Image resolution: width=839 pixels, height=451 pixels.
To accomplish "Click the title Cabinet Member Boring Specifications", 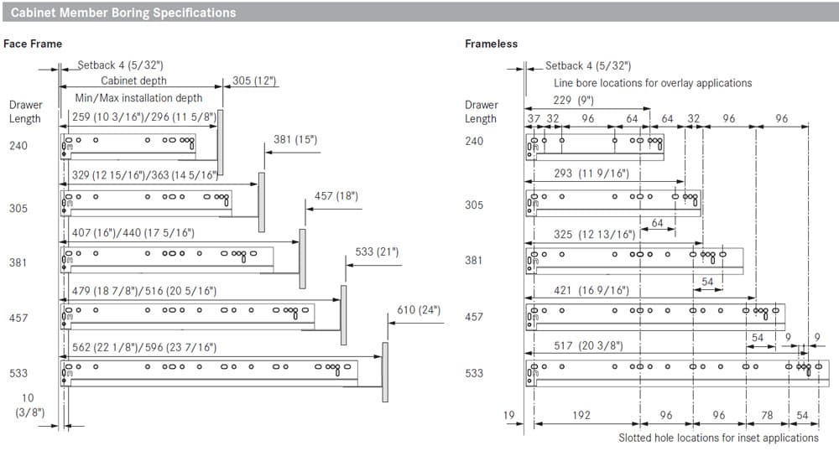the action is pos(123,13).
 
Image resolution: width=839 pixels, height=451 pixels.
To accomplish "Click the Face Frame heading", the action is pos(33,44).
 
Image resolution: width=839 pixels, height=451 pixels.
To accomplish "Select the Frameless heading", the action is pos(491,44).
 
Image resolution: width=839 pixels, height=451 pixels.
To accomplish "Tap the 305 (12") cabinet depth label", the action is pos(254,80).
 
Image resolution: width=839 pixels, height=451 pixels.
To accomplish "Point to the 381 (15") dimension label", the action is pos(295,139).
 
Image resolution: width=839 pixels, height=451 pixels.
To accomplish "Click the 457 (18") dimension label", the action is pos(336,196).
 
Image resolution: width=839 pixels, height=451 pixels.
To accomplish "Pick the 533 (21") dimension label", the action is pos(378,251).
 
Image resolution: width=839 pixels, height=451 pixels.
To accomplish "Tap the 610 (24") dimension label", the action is pos(419,310).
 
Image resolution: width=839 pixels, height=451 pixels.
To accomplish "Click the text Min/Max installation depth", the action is pos(138,98).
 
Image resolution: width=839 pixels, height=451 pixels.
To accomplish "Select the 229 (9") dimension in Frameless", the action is pos(574,100).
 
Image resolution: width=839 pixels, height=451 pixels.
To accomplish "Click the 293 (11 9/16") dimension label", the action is pos(591,174).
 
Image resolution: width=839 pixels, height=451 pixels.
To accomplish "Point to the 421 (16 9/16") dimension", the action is pos(591,290).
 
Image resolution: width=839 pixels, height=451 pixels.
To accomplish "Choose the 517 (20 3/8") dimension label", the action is pos(589,345).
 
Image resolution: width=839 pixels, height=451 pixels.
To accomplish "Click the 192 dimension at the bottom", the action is pos(581,415).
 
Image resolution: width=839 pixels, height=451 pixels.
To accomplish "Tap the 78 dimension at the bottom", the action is pos(768,415).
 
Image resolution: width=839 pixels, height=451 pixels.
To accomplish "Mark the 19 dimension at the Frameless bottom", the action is pos(509,415).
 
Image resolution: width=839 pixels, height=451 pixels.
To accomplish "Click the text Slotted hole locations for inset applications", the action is pos(719,438).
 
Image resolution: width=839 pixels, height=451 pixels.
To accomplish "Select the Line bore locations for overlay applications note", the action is pos(653,83).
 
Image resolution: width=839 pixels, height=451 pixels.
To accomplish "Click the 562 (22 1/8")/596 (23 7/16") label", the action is pos(144,347).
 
